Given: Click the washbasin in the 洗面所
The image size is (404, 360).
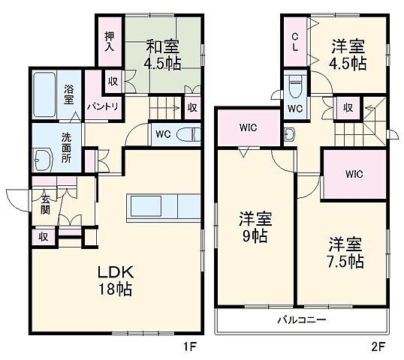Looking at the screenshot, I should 41,158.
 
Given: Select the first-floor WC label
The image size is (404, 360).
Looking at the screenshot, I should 162,135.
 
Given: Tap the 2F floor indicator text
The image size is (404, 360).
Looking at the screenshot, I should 376,347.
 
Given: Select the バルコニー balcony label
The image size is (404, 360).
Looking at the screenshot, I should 300,320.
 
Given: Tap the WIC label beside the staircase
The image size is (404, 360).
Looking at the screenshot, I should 354,175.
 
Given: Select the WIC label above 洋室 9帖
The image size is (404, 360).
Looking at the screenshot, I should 249,127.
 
